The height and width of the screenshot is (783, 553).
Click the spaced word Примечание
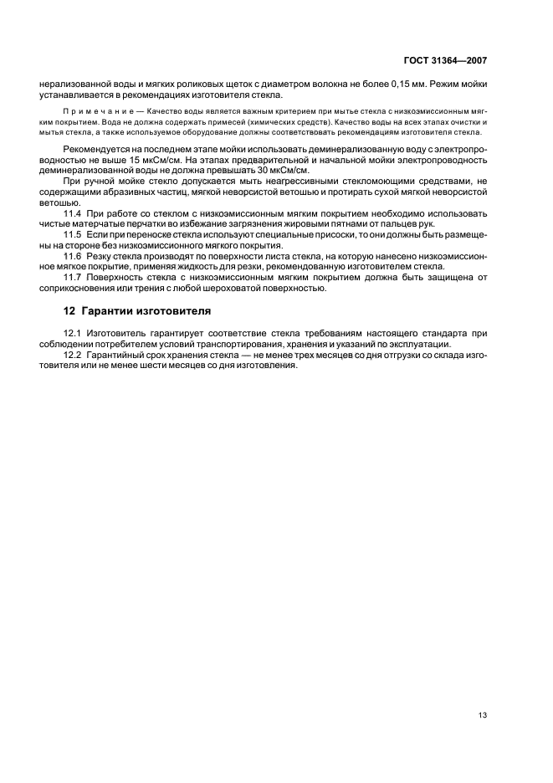(x=86, y=110)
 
